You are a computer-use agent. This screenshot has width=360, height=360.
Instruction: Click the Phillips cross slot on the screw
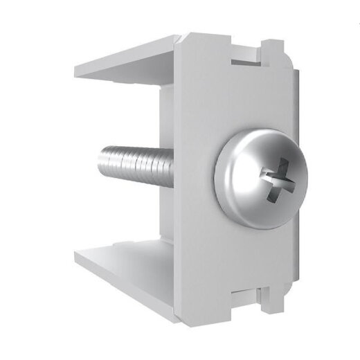coord(276,182)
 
